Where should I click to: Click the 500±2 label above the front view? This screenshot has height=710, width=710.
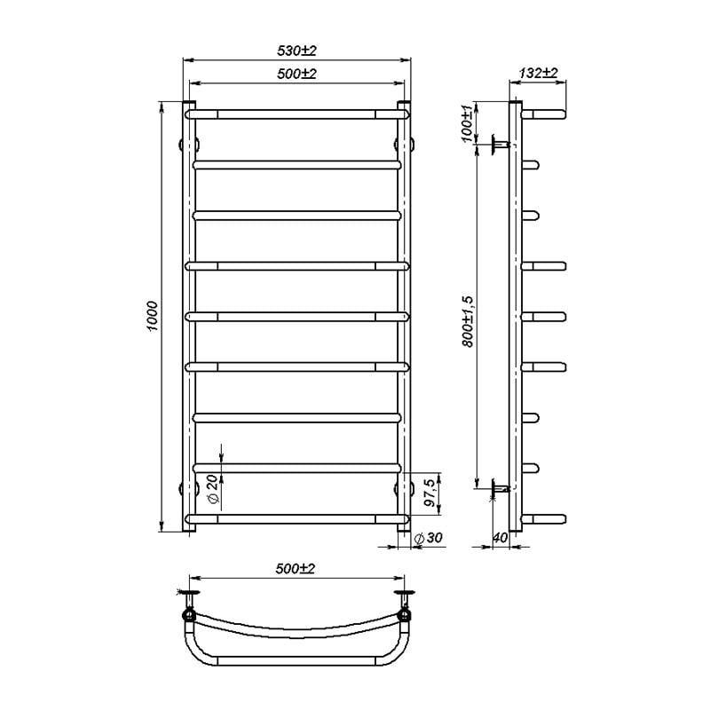tap(296, 75)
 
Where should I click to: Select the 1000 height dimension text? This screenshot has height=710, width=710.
tap(153, 316)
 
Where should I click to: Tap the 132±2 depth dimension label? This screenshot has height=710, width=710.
tap(540, 73)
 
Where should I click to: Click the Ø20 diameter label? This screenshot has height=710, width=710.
tap(212, 488)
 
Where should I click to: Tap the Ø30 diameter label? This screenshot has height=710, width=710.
tap(432, 539)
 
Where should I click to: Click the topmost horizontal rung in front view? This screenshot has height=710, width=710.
tap(296, 114)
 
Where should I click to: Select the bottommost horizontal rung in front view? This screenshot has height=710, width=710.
tap(296, 518)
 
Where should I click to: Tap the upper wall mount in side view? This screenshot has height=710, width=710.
tap(499, 143)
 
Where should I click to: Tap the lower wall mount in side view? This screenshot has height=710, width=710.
tap(499, 487)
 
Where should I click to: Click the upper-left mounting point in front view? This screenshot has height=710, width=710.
tap(189, 143)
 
